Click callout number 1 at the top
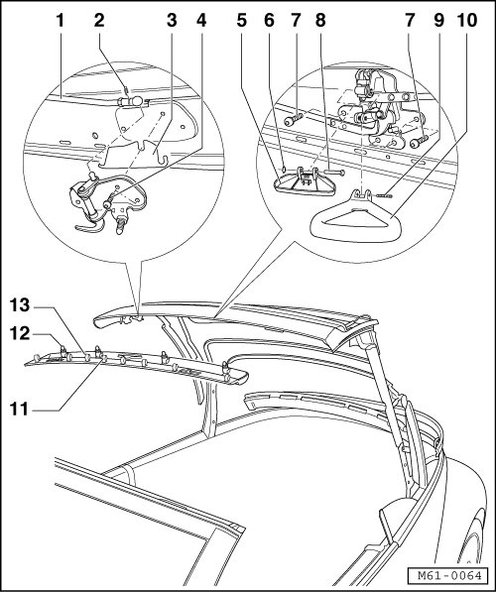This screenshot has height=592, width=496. point(61,21)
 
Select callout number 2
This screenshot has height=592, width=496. point(99,21)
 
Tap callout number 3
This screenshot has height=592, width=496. point(172,21)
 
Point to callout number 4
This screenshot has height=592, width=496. point(201,21)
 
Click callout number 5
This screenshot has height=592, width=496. point(242,21)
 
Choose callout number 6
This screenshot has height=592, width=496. point(269,21)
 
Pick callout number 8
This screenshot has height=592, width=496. point(320,21)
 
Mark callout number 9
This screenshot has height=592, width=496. point(438,21)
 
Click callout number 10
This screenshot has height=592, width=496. point(467,21)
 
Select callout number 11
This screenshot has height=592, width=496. point(19,409)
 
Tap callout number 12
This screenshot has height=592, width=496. point(20,334)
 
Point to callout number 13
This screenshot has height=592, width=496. point(20,305)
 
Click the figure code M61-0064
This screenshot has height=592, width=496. point(450,576)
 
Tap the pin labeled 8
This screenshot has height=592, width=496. point(334,173)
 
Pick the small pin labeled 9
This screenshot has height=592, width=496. point(385,195)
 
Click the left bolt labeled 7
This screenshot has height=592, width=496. point(294,120)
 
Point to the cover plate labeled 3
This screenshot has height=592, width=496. point(135,154)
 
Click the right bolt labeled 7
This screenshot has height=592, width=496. point(419,142)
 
